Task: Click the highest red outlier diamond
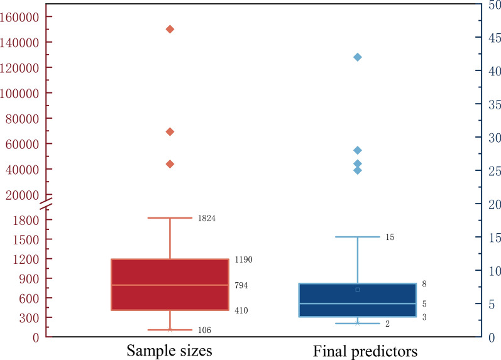click(170, 30)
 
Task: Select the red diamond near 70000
click(170, 131)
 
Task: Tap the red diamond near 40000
click(170, 164)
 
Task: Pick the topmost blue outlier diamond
click(358, 57)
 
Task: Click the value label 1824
click(207, 218)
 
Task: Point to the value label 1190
click(243, 259)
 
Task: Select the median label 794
click(241, 285)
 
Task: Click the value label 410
click(241, 310)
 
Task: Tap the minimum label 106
click(204, 330)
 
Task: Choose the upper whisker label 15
click(390, 237)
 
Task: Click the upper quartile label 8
click(424, 283)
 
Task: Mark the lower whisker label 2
click(387, 324)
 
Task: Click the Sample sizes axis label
click(169, 351)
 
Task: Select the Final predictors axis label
click(365, 351)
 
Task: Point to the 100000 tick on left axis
click(19, 93)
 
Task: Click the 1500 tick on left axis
click(26, 239)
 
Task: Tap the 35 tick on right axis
click(495, 104)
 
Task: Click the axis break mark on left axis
click(46, 203)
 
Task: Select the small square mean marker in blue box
click(358, 290)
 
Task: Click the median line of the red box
click(170, 285)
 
